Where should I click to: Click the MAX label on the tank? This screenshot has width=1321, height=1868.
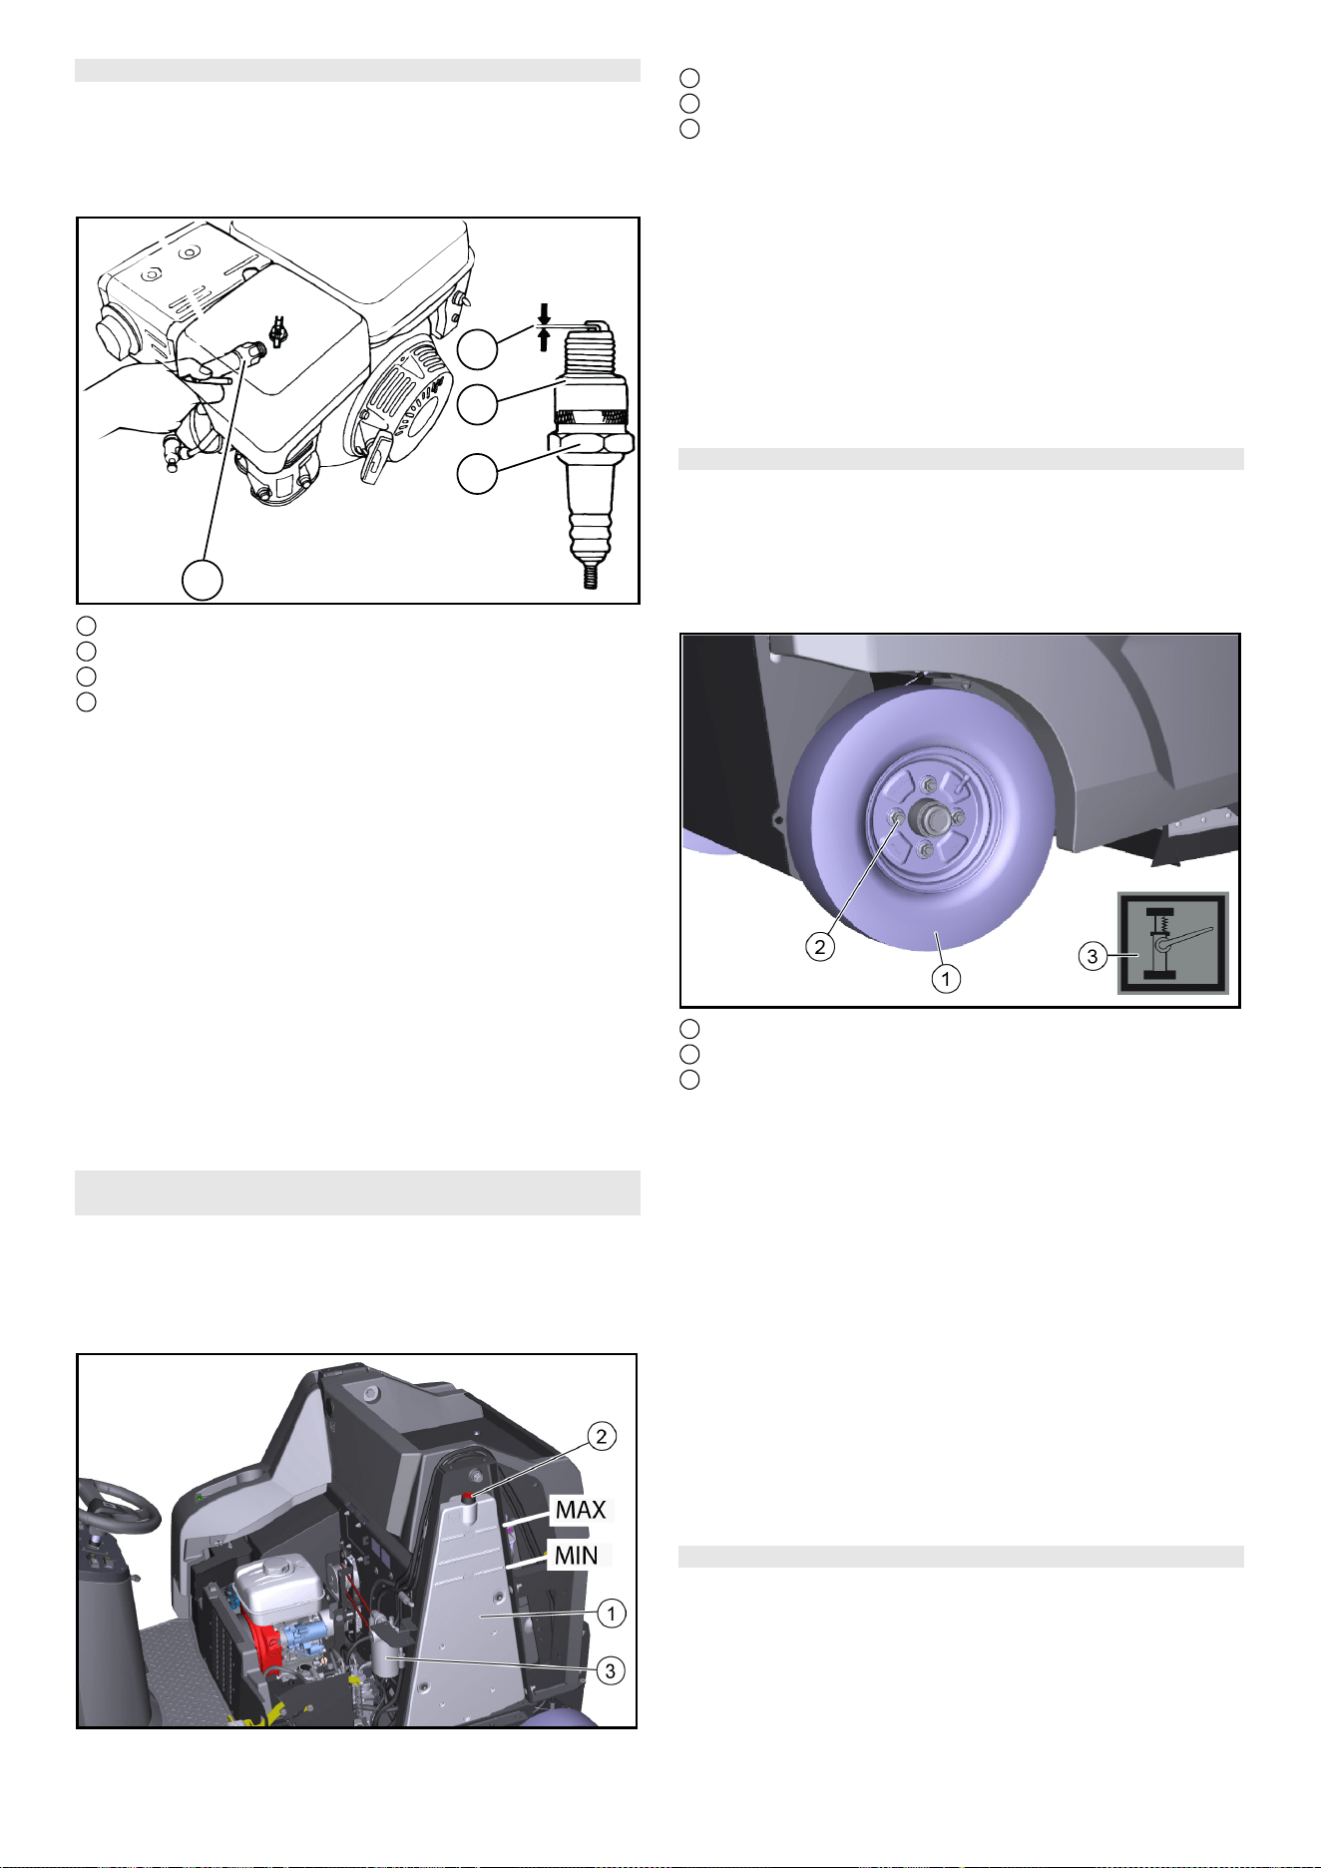pyautogui.click(x=581, y=1510)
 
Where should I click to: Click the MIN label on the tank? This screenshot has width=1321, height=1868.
pyautogui.click(x=576, y=1555)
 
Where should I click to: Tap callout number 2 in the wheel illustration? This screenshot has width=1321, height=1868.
pyautogui.click(x=820, y=947)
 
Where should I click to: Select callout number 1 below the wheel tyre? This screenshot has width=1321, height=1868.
pyautogui.click(x=946, y=979)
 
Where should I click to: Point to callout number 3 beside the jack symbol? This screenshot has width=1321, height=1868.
pyautogui.click(x=1093, y=956)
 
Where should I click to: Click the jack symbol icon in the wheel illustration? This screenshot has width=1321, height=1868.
pyautogui.click(x=1172, y=943)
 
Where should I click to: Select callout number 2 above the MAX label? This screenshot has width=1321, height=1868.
pyautogui.click(x=601, y=1437)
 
